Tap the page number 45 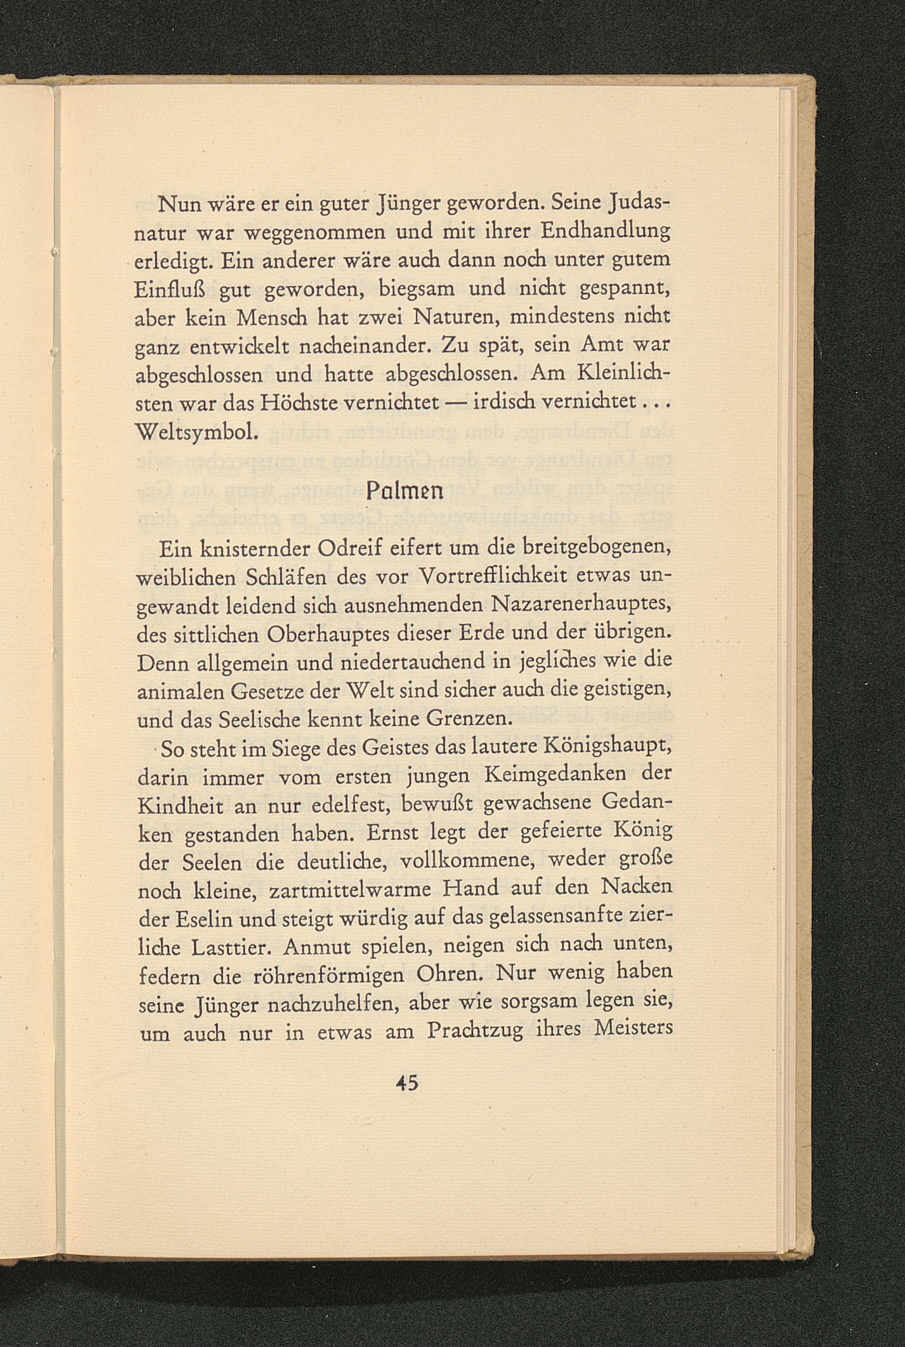click(x=406, y=1083)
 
